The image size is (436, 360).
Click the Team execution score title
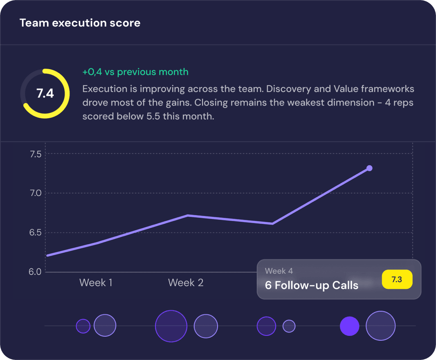coord(80,23)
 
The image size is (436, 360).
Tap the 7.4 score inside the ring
coord(45,94)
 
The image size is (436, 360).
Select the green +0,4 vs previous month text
coord(135,72)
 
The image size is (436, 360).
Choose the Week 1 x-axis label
coord(96,283)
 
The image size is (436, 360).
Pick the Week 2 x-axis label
coord(186,283)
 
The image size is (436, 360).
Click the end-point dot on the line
coord(369,168)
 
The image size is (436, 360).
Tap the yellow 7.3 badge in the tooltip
coord(397,280)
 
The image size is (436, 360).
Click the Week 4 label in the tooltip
coord(279,271)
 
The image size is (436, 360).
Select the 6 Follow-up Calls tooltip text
coord(312,286)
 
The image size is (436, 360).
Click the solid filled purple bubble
coord(350,326)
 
